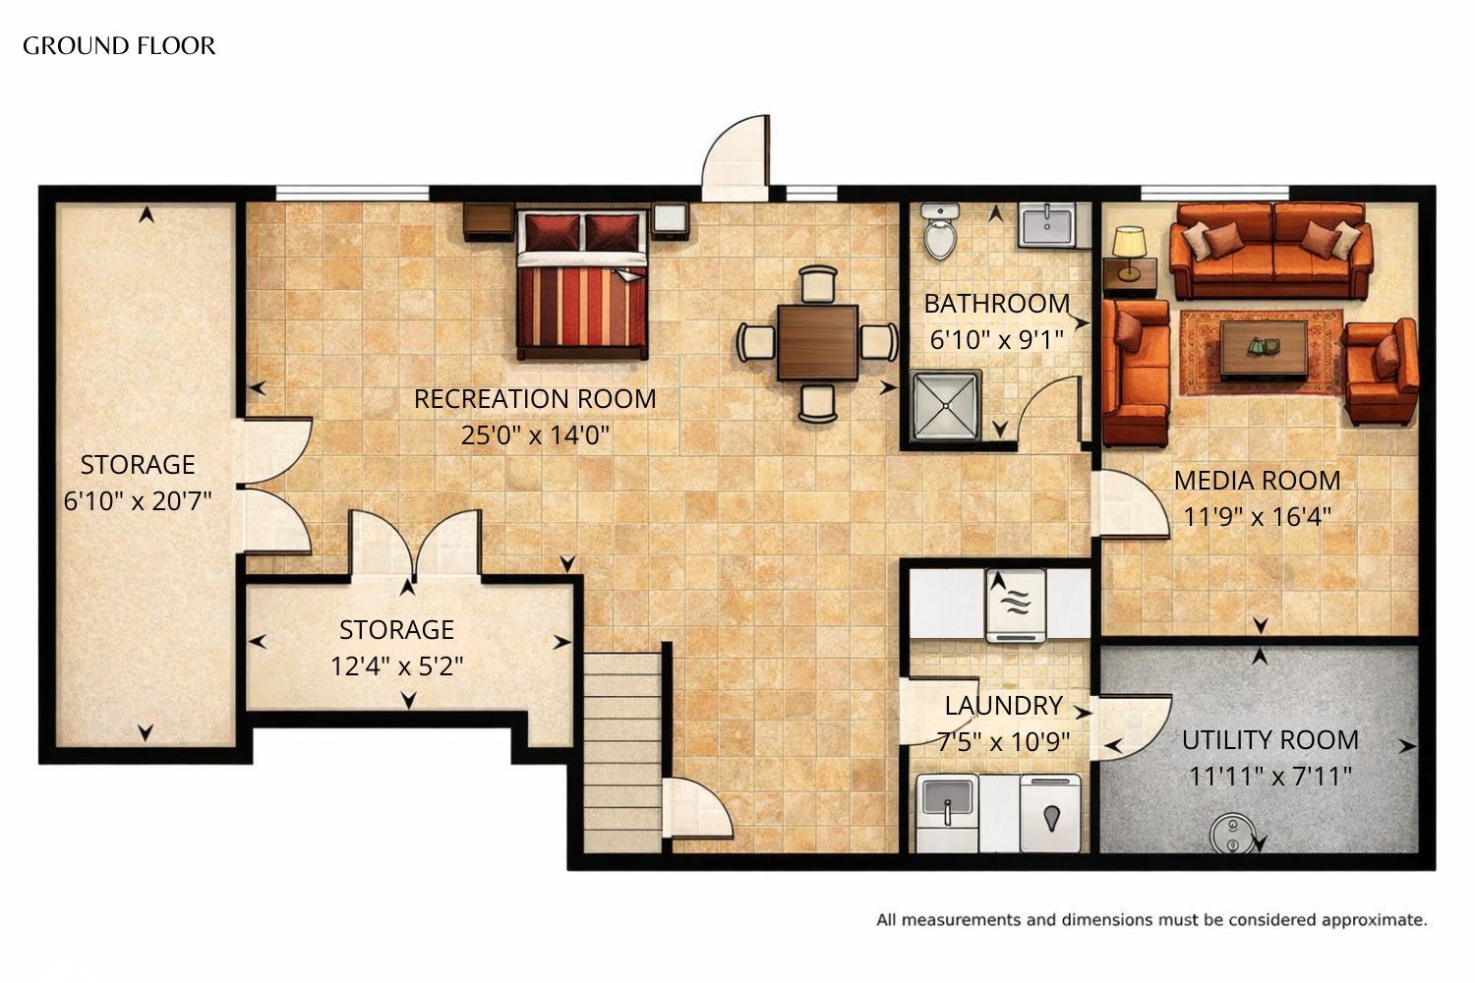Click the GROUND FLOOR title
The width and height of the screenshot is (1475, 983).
point(119,46)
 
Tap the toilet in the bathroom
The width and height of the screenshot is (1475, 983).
point(940,230)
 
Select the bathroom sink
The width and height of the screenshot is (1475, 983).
point(1047,224)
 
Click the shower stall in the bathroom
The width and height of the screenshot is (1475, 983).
point(945,406)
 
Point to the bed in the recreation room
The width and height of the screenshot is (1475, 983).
point(582,284)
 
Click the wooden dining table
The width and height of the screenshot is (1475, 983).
point(817,343)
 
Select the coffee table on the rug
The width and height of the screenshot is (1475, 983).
point(1264,350)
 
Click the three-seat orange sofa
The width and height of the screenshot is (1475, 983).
point(1271,251)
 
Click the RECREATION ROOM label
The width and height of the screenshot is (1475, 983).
point(535,399)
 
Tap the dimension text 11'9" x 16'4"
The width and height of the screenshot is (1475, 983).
point(1257,517)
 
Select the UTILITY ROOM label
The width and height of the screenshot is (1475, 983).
point(1270,740)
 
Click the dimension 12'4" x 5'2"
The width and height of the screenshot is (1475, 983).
point(396,666)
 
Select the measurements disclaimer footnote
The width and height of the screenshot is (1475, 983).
point(1151,920)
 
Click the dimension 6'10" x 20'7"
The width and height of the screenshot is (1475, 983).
point(138,501)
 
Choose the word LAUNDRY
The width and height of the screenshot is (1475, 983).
point(1004,706)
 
